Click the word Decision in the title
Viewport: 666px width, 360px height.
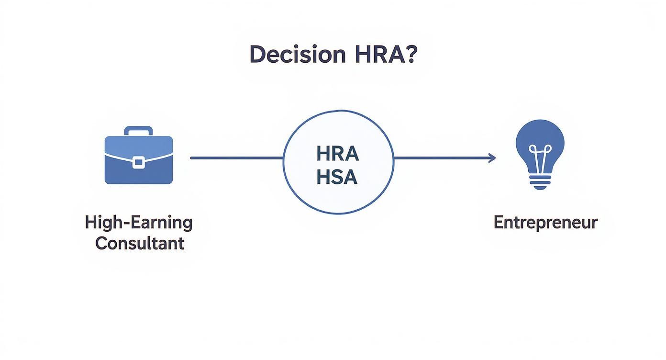coord(297,55)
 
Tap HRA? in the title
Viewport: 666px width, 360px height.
coord(386,55)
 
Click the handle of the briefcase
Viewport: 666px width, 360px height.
coord(138,130)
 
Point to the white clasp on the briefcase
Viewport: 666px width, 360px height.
coord(138,162)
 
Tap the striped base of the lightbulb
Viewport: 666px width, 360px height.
coord(540,180)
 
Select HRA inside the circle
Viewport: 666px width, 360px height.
coord(337,154)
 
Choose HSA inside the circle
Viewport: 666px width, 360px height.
coord(337,177)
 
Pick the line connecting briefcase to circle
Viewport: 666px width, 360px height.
coord(237,158)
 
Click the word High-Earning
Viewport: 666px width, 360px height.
coord(139,223)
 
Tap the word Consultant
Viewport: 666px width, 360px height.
coord(139,243)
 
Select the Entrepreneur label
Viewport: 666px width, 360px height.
coord(545,223)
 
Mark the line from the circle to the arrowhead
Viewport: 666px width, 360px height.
coord(440,158)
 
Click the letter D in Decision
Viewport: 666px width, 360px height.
coord(257,55)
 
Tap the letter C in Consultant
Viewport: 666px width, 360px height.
coord(100,243)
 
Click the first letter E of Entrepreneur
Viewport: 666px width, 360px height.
coord(498,223)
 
